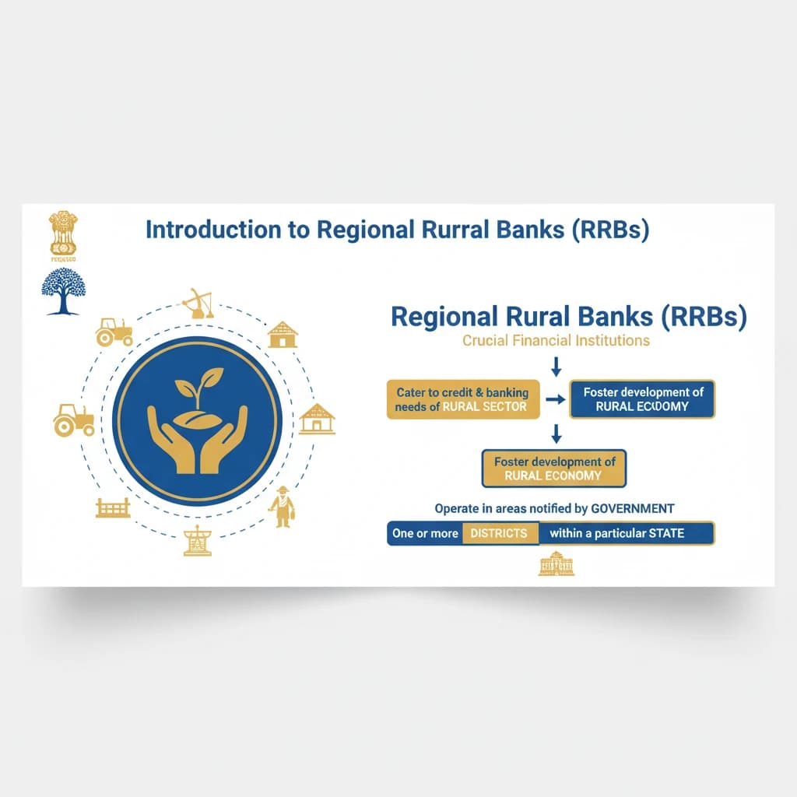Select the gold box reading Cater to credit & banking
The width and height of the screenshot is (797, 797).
[462, 399]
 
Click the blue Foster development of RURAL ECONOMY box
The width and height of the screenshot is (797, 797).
[642, 399]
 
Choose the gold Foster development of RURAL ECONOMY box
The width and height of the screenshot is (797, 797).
[553, 468]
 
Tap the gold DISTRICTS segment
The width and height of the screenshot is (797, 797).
[498, 534]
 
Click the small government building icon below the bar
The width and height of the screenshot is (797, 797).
[556, 564]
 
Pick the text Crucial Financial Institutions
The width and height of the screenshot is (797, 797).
[556, 340]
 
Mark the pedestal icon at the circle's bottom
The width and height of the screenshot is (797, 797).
[197, 541]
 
